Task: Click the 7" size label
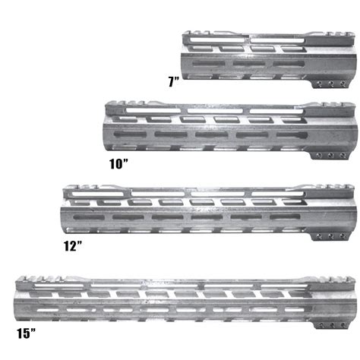click(x=173, y=81)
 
